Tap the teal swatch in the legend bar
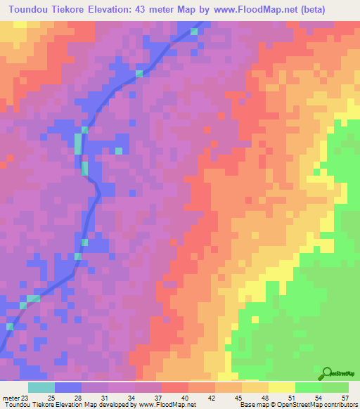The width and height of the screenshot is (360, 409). click(x=41, y=388)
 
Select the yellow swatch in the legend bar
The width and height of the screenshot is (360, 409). click(x=282, y=388)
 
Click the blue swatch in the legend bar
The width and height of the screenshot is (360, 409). click(x=68, y=388)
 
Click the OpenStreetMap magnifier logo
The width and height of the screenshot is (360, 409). click(x=328, y=373)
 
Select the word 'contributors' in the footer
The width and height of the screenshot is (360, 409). click(x=340, y=405)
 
